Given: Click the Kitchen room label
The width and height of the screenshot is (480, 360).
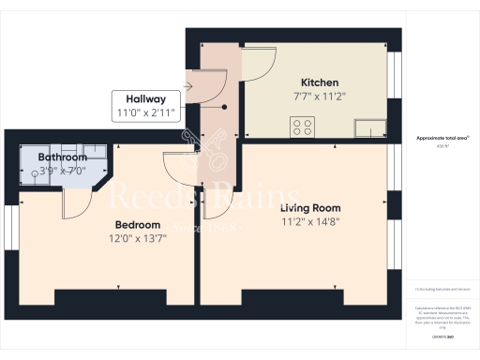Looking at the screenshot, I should [319, 82].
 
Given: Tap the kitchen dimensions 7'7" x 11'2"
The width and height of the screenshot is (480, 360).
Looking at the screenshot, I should [319, 96].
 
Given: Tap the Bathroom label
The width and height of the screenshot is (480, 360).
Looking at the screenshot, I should [62, 157].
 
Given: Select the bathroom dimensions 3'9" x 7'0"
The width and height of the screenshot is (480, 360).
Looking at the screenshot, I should [62, 171].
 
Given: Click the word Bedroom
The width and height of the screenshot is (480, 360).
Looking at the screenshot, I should [137, 225].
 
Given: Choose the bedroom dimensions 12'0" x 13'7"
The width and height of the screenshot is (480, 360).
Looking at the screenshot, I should [137, 239].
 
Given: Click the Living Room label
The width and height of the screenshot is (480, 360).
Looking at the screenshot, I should [310, 207].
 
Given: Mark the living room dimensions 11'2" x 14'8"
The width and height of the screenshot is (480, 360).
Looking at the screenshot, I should [310, 222].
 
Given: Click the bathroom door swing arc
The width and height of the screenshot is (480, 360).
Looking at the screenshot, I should [77, 201].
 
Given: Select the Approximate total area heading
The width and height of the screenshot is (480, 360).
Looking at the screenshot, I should [442, 138].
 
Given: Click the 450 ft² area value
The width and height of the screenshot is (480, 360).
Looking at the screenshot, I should [442, 146].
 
